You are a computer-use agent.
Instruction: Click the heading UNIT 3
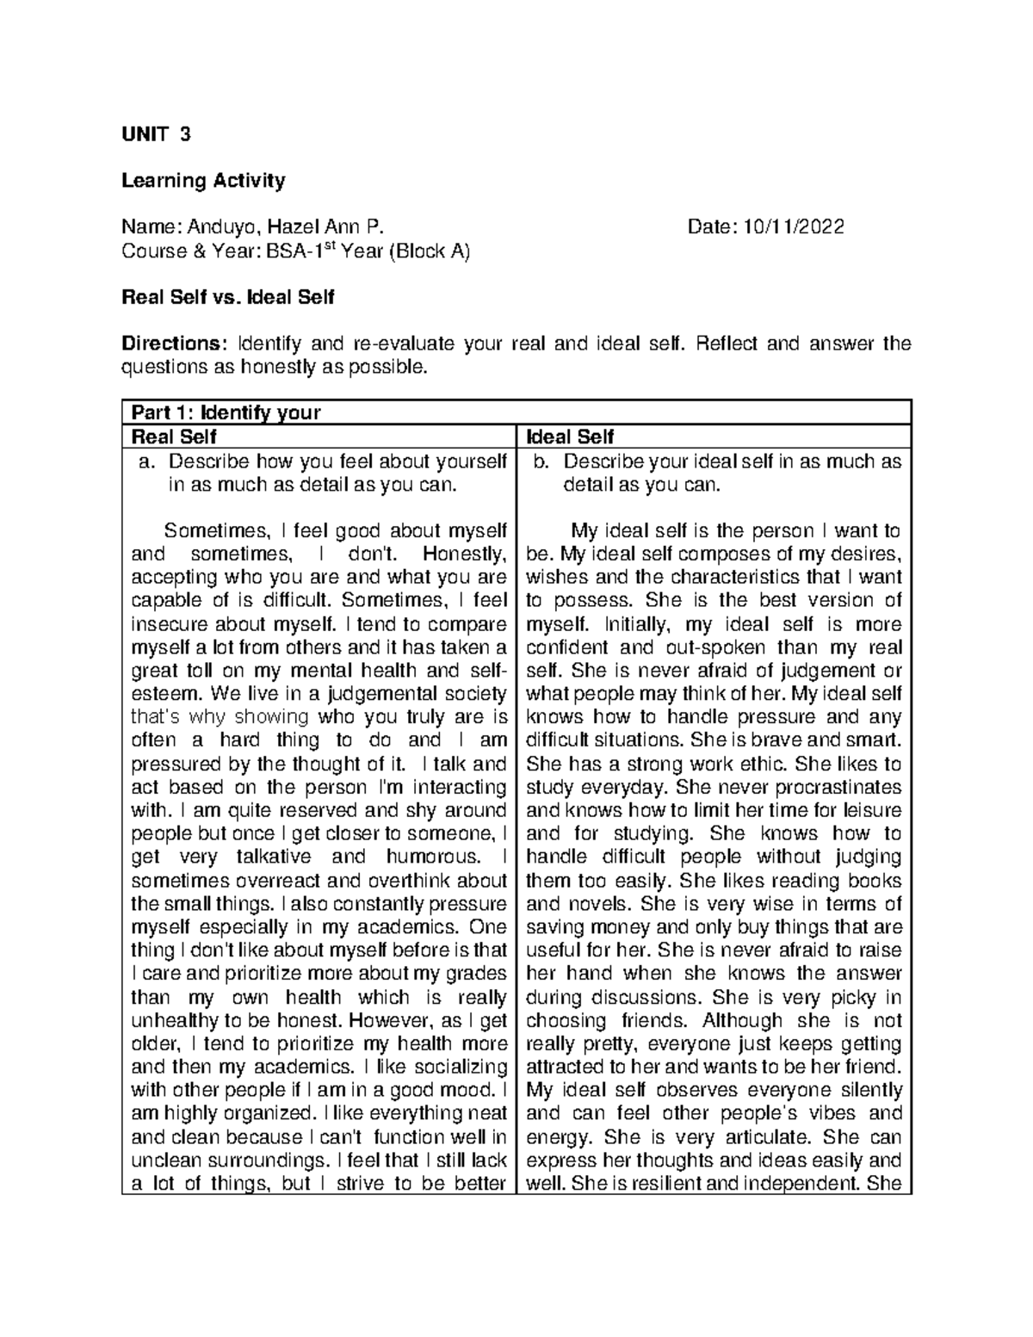click(x=156, y=134)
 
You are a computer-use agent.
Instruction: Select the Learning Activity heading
click(x=203, y=181)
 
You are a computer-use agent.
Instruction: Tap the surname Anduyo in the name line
click(x=220, y=227)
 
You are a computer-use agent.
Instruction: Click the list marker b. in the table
click(x=541, y=461)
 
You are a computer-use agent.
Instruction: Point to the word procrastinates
click(x=844, y=787)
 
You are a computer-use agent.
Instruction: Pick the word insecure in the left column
click(x=164, y=624)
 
